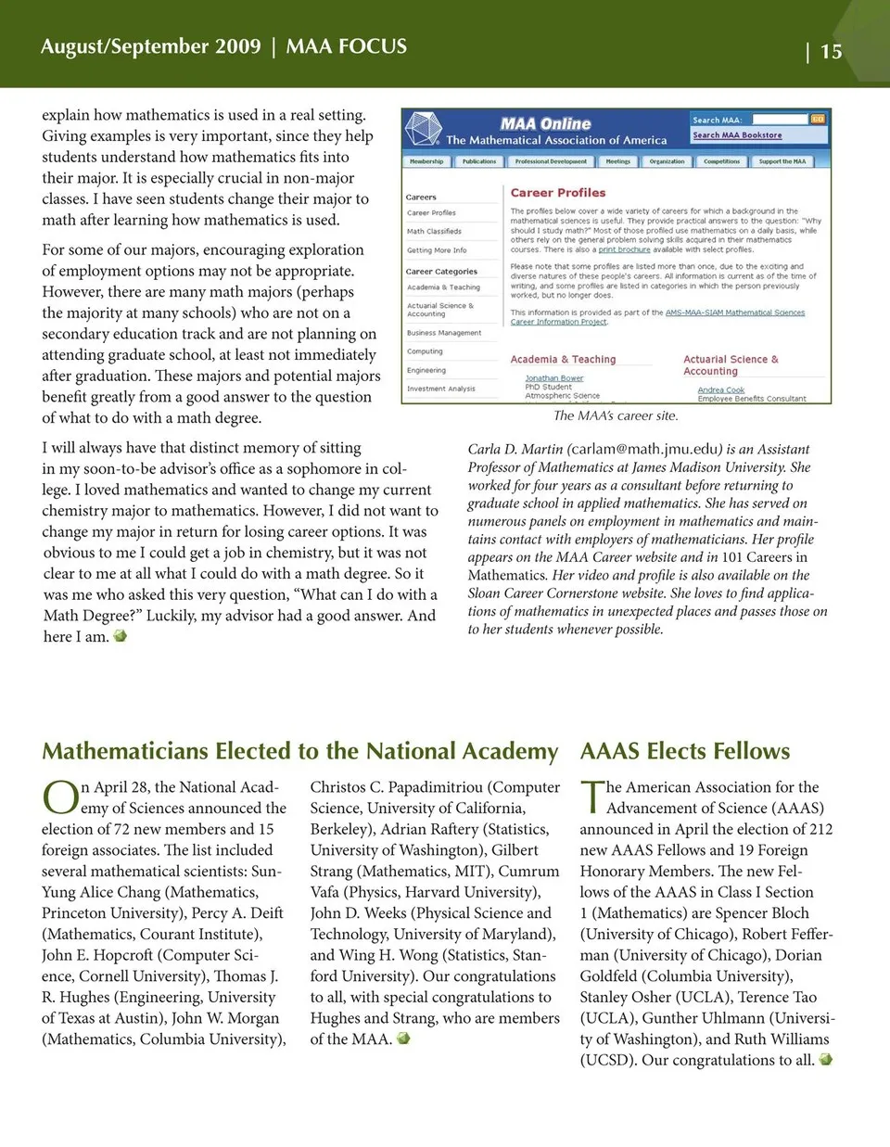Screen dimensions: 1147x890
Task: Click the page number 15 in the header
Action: pos(831,52)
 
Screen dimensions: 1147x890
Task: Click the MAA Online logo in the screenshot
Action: pos(545,123)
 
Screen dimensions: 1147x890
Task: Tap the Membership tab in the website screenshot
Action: pos(426,161)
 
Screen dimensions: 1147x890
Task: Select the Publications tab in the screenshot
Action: pos(479,161)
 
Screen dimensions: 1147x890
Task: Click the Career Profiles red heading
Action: pos(557,193)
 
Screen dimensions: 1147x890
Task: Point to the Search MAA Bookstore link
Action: pos(737,135)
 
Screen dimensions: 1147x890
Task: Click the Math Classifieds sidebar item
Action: pos(434,231)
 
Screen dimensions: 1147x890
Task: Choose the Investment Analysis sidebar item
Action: pos(441,389)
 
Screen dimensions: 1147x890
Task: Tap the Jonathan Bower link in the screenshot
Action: pos(553,378)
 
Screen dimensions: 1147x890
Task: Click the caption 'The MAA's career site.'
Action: pos(616,415)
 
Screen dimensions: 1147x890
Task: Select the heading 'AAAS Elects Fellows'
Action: pos(685,751)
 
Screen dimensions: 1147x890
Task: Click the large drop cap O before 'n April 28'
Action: pos(60,797)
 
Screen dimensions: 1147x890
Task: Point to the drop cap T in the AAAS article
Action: pos(591,796)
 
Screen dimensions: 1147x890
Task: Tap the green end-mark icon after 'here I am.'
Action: pos(120,636)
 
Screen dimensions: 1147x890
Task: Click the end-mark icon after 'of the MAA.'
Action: pos(403,1039)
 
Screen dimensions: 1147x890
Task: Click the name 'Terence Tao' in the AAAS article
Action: pos(777,997)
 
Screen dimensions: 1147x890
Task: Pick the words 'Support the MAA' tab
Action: pos(782,161)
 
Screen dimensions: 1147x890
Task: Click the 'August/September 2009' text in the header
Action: pos(151,46)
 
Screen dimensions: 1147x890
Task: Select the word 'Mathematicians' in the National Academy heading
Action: pos(125,751)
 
